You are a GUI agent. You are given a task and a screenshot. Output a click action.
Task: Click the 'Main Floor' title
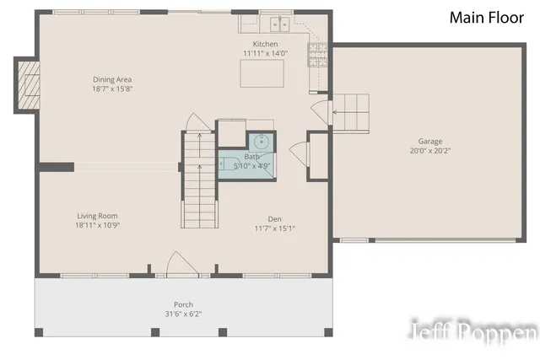tap(486, 17)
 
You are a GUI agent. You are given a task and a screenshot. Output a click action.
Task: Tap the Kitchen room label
tap(266, 44)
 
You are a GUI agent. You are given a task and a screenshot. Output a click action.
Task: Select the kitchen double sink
tap(275, 24)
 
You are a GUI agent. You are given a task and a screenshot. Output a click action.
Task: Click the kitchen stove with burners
tap(318, 54)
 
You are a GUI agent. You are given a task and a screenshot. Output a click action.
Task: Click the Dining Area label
tap(112, 79)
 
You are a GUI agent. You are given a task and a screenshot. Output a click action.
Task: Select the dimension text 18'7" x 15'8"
tap(112, 89)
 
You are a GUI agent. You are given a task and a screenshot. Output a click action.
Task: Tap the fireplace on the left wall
tap(27, 84)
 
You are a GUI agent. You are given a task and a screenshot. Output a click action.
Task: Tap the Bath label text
tap(252, 157)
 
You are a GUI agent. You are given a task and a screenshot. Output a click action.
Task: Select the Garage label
tap(430, 142)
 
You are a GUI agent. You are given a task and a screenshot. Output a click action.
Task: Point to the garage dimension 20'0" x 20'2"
tap(430, 151)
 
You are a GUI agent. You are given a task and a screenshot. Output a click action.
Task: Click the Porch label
tap(184, 304)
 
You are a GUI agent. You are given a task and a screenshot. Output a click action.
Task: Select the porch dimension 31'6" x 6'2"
tap(184, 314)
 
